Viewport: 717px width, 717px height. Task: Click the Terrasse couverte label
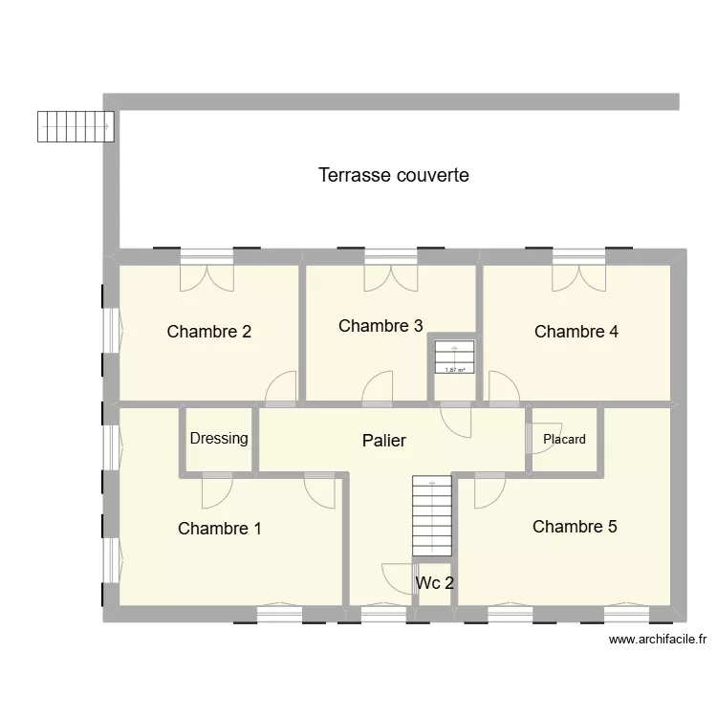click(393, 176)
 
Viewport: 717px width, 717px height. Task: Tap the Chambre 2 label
click(208, 332)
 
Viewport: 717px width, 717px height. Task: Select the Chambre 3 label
click(380, 326)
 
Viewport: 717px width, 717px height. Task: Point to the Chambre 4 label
click(576, 332)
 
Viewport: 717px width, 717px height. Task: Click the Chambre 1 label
click(220, 528)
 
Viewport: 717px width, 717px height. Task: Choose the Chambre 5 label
click(575, 526)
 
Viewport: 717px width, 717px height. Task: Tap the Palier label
click(384, 441)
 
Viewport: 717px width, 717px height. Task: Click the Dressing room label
click(219, 439)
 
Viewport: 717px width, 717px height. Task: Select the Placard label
click(564, 440)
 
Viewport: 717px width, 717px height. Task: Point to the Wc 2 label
click(434, 582)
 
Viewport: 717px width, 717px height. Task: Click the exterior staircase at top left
click(76, 125)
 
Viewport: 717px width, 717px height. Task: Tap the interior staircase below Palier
click(431, 516)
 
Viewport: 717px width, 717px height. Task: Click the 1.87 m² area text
click(455, 370)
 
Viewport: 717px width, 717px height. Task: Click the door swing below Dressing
click(216, 490)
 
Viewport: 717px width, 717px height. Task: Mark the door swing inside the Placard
click(541, 440)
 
